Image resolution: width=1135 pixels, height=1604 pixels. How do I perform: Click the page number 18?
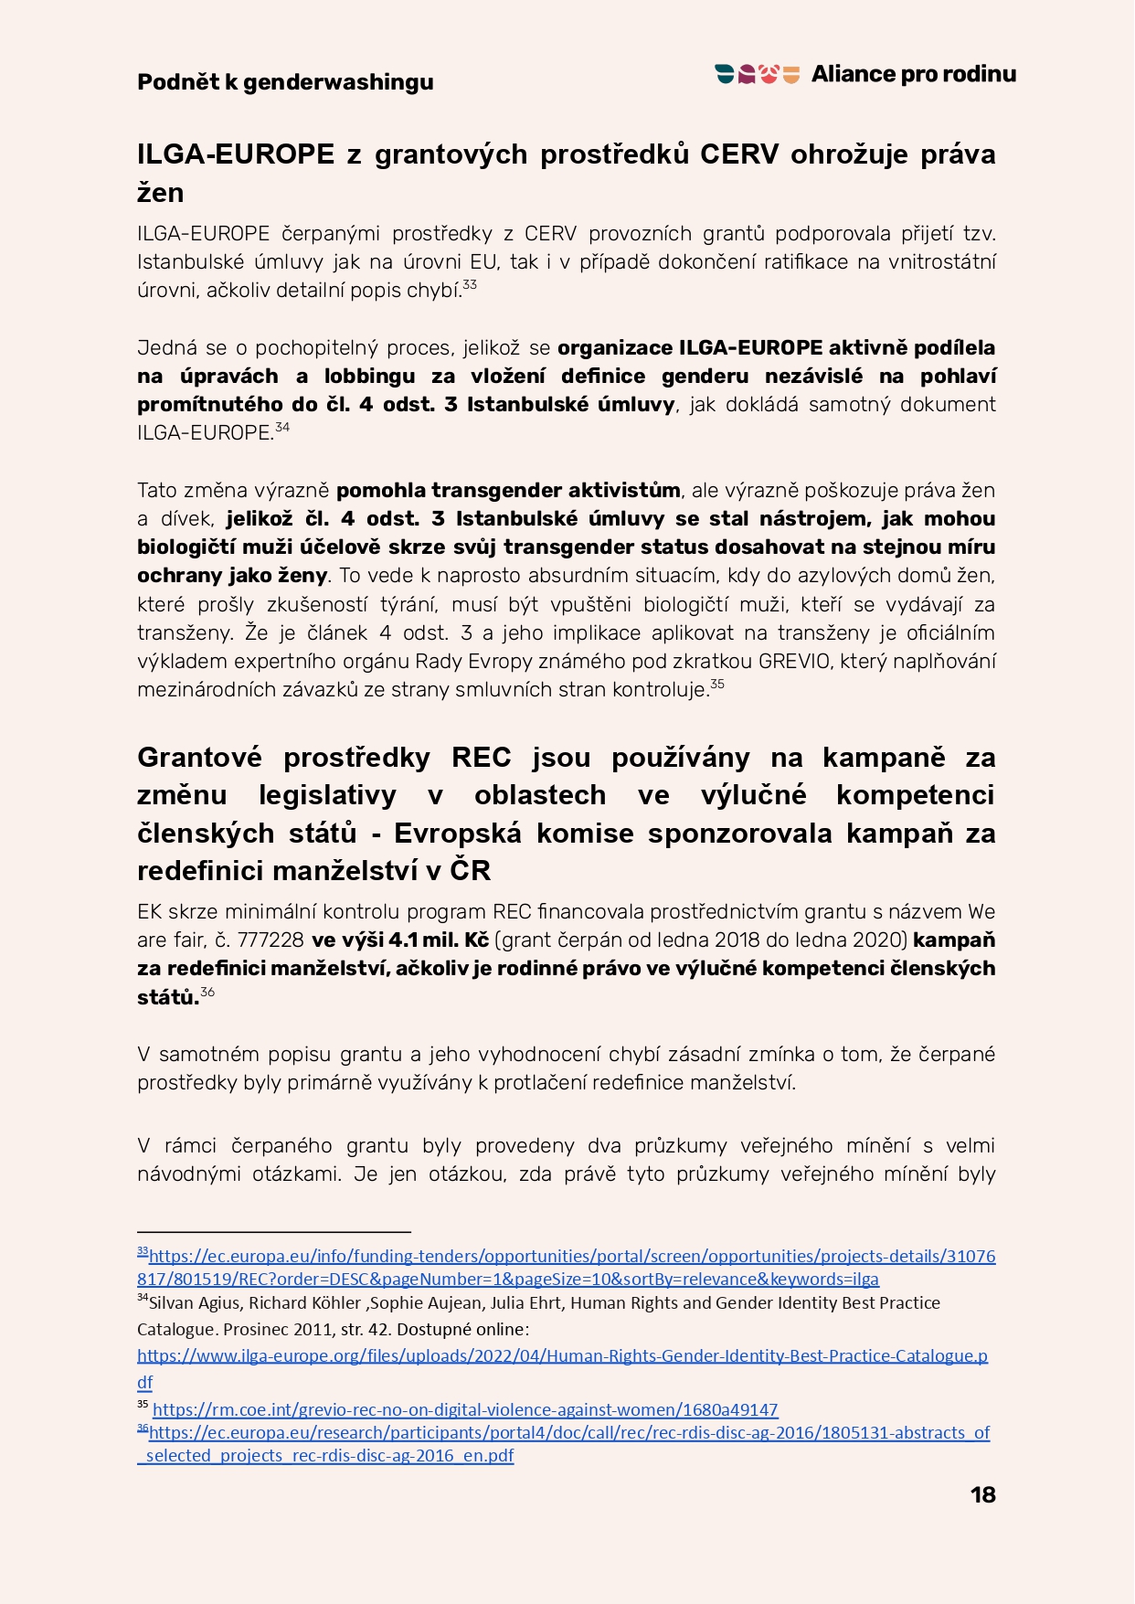coord(982,1494)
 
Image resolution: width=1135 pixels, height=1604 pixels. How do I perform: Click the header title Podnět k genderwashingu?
coord(285,82)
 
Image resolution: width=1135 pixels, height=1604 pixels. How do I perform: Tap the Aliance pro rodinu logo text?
coord(913,74)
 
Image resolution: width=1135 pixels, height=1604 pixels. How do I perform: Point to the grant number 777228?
coord(270,940)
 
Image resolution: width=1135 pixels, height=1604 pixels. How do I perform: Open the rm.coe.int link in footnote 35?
coord(464,1409)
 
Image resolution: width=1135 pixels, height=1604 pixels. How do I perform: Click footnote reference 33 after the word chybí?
coord(470,285)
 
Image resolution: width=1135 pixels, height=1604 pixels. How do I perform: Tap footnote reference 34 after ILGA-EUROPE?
coord(282,427)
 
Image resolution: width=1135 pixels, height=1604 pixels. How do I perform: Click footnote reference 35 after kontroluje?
coord(717,684)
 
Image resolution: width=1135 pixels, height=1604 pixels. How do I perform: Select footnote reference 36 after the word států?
coord(207,992)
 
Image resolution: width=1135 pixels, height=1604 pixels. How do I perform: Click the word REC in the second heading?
coord(481,758)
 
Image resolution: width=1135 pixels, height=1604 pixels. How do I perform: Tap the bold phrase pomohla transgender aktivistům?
coord(507,490)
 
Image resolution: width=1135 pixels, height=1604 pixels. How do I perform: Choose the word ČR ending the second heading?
coord(470,871)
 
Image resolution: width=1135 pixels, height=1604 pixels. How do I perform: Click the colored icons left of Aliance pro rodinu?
coord(758,74)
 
